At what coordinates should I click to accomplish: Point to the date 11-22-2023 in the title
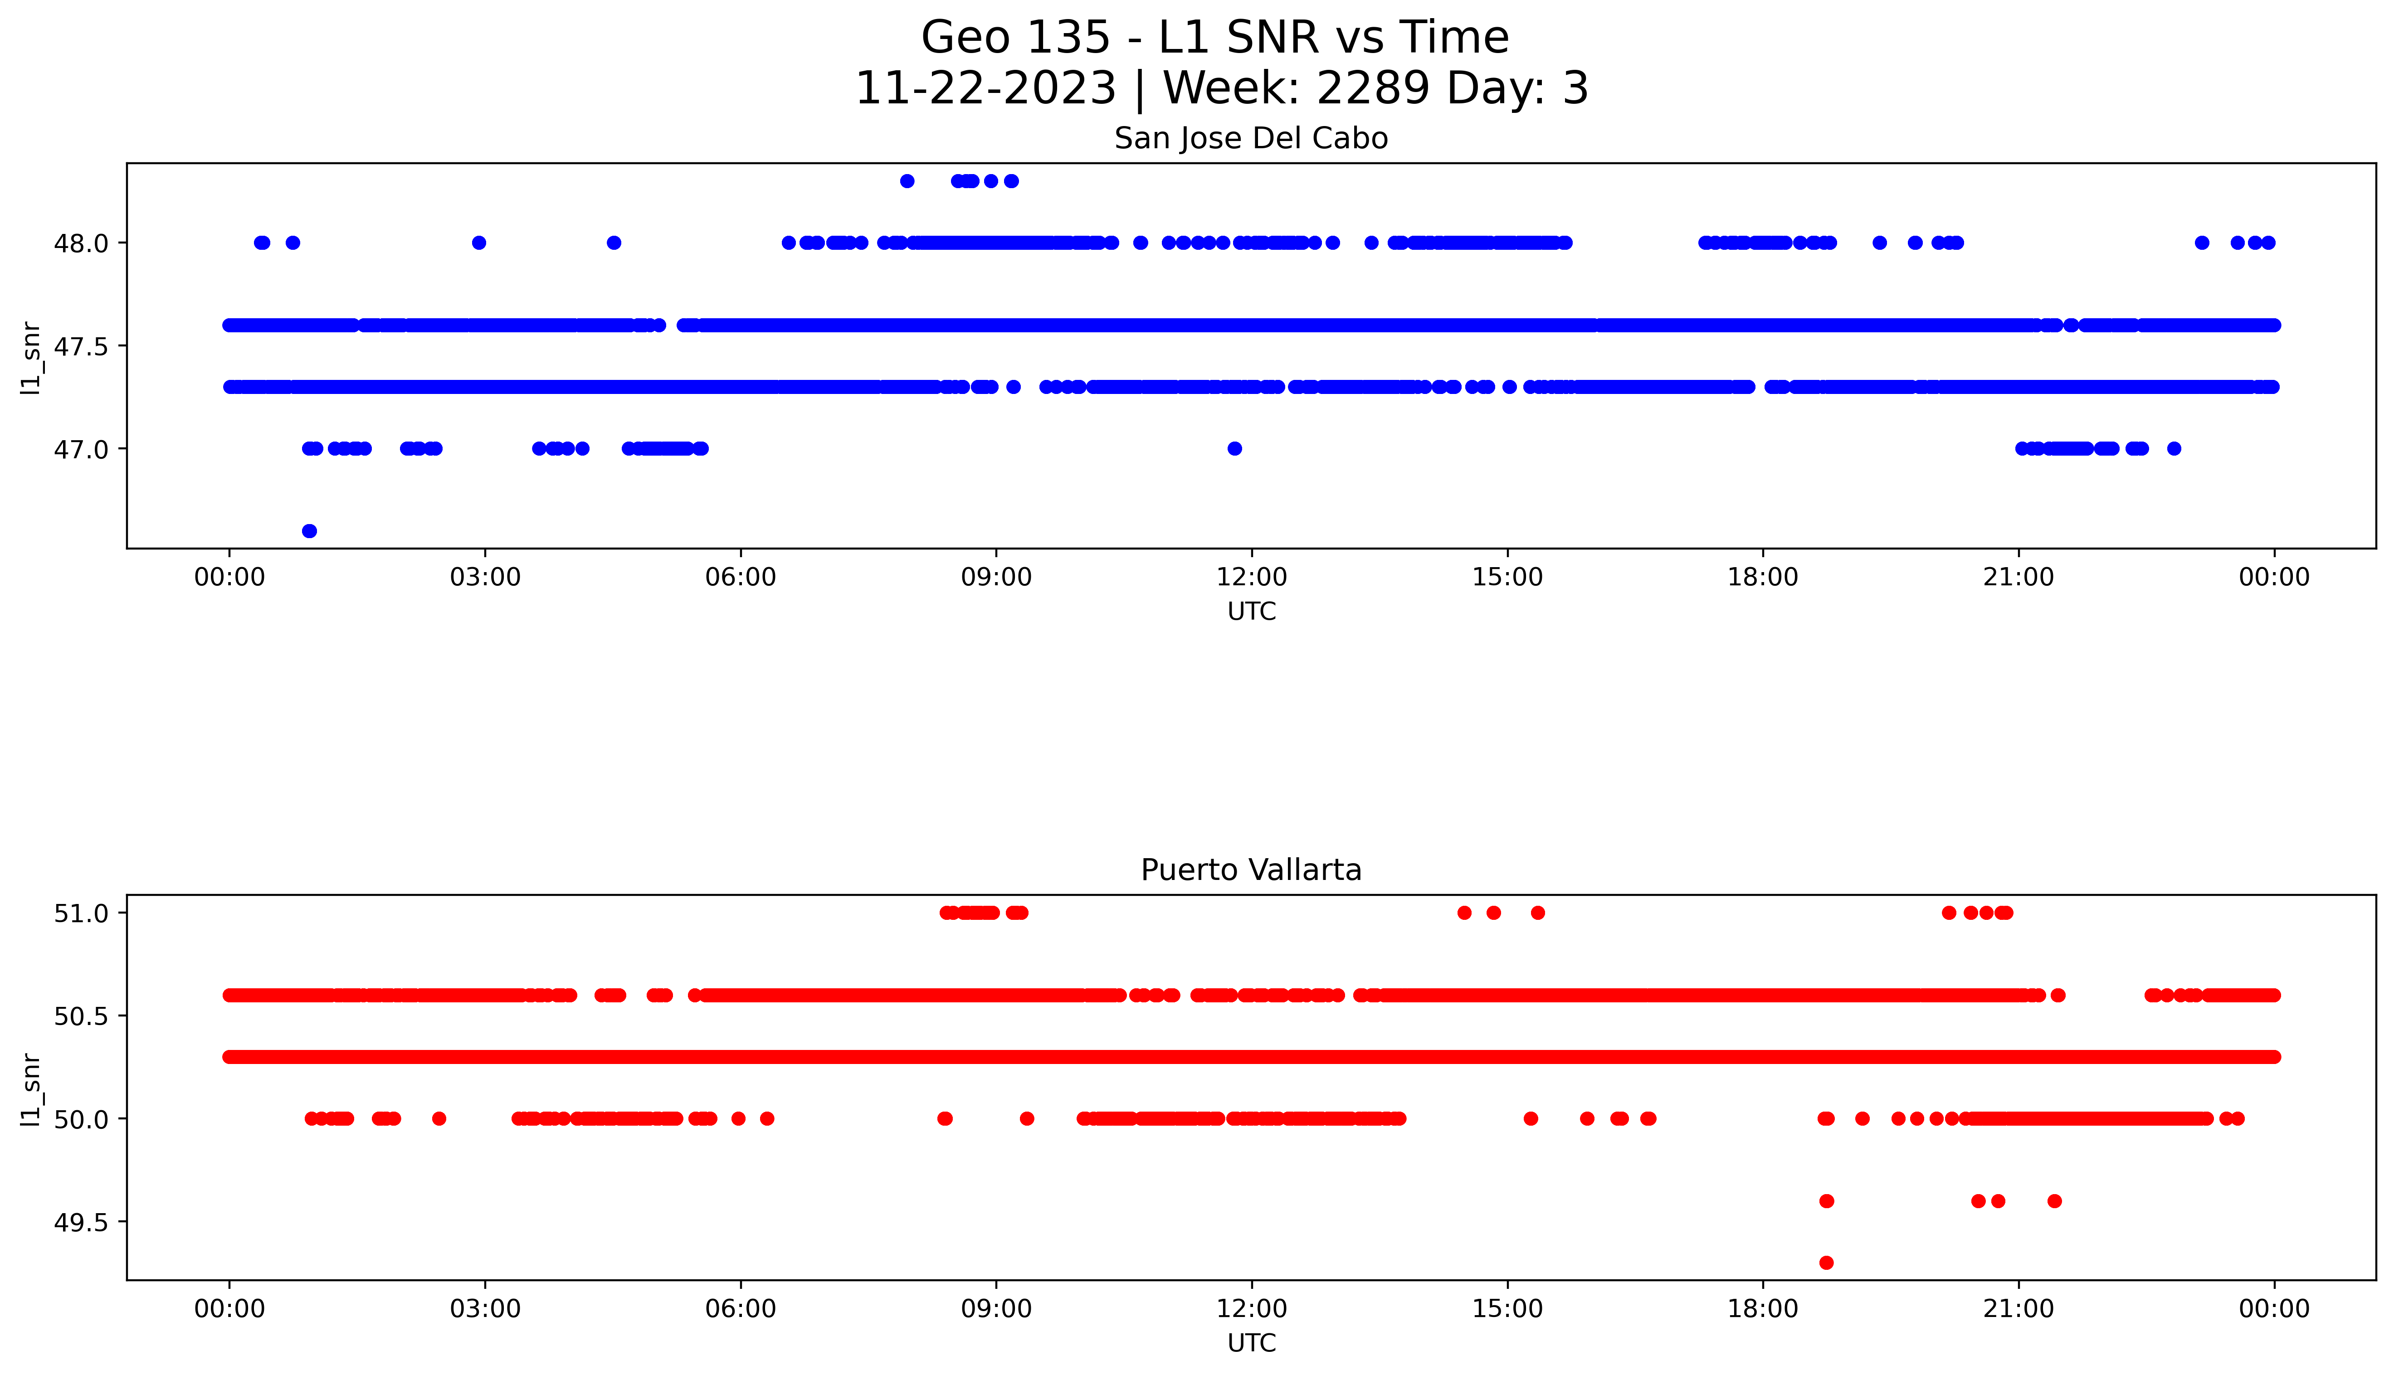(x=985, y=89)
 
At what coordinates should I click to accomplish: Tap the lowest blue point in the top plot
(x=309, y=531)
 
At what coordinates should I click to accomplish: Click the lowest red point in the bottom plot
(x=1825, y=1263)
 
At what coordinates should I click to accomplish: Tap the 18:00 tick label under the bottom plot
(x=1762, y=1309)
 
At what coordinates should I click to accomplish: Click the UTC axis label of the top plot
(x=1251, y=612)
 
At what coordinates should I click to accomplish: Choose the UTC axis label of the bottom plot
(x=1251, y=1343)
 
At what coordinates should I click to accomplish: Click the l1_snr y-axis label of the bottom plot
(x=30, y=1089)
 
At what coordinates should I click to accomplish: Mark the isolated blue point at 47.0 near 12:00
(x=1234, y=448)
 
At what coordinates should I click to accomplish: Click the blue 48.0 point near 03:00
(x=479, y=243)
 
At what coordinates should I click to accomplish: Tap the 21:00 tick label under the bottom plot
(x=2018, y=1309)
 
